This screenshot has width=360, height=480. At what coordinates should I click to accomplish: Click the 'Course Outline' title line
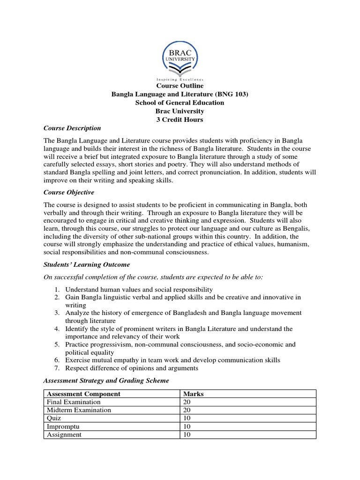tap(180, 86)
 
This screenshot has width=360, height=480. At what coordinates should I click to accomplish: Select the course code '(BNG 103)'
tap(230, 94)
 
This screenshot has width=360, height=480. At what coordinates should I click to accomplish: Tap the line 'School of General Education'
tap(180, 103)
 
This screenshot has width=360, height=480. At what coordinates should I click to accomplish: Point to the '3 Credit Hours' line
tap(180, 120)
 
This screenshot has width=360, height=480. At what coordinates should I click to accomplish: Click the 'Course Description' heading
tap(72, 128)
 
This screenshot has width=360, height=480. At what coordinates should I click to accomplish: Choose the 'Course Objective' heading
tap(69, 192)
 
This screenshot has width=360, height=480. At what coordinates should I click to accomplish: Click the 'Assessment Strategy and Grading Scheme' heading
tap(106, 380)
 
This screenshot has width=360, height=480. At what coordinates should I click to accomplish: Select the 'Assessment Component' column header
tap(83, 394)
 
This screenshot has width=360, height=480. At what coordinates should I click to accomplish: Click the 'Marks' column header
tap(193, 394)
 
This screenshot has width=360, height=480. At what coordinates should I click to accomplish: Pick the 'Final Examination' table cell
tap(73, 402)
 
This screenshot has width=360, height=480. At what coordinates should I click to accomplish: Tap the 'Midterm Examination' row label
tap(78, 410)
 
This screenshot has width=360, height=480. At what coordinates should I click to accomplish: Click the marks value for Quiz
tap(187, 418)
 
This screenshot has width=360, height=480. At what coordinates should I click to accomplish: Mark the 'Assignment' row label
tap(64, 435)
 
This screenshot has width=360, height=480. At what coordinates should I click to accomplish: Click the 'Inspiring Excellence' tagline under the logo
tap(180, 80)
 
